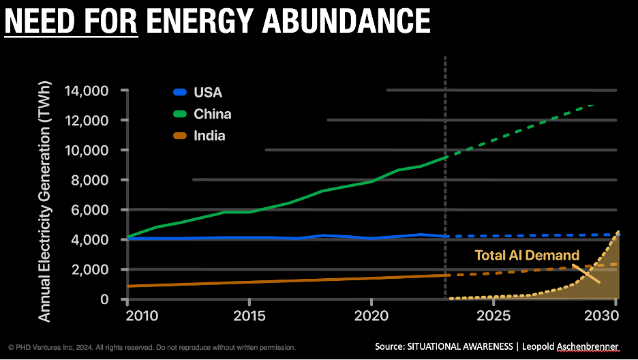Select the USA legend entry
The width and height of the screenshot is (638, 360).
pyautogui.click(x=207, y=92)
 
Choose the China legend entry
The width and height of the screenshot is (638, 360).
pyautogui.click(x=211, y=114)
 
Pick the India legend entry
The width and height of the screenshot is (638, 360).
pyautogui.click(x=209, y=136)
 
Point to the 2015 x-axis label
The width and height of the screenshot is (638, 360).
pyautogui.click(x=249, y=318)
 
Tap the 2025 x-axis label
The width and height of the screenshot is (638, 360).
pyautogui.click(x=493, y=318)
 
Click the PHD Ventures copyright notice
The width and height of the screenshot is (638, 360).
pyautogui.click(x=151, y=348)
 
